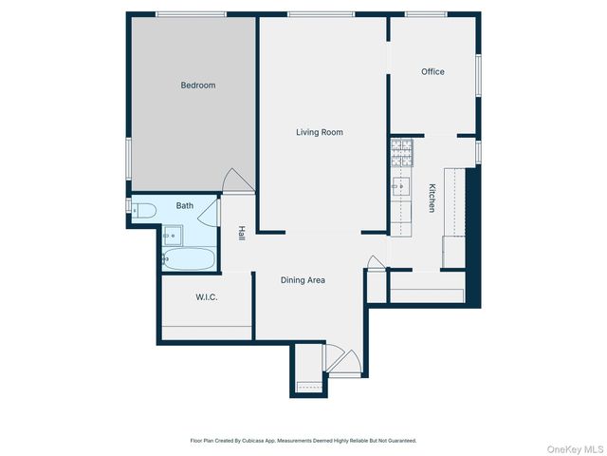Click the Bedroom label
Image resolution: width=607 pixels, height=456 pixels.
198,85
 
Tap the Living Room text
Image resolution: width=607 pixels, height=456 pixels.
319,133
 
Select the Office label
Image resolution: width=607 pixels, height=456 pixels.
432,72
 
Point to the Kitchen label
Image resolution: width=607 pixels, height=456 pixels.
432,198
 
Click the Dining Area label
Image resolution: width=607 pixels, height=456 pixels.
303,280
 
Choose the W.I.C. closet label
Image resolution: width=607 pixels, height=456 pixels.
207,297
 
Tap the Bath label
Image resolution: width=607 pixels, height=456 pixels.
184,205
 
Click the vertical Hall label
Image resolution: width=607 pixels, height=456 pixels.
242,233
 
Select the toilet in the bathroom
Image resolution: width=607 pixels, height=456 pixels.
140,211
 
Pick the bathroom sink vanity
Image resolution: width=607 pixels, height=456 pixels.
172,234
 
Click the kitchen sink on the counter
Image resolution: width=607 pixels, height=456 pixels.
401,186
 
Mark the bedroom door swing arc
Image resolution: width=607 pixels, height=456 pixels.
236,180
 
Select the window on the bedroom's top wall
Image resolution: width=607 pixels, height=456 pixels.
192,13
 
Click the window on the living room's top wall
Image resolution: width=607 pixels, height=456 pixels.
321,13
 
